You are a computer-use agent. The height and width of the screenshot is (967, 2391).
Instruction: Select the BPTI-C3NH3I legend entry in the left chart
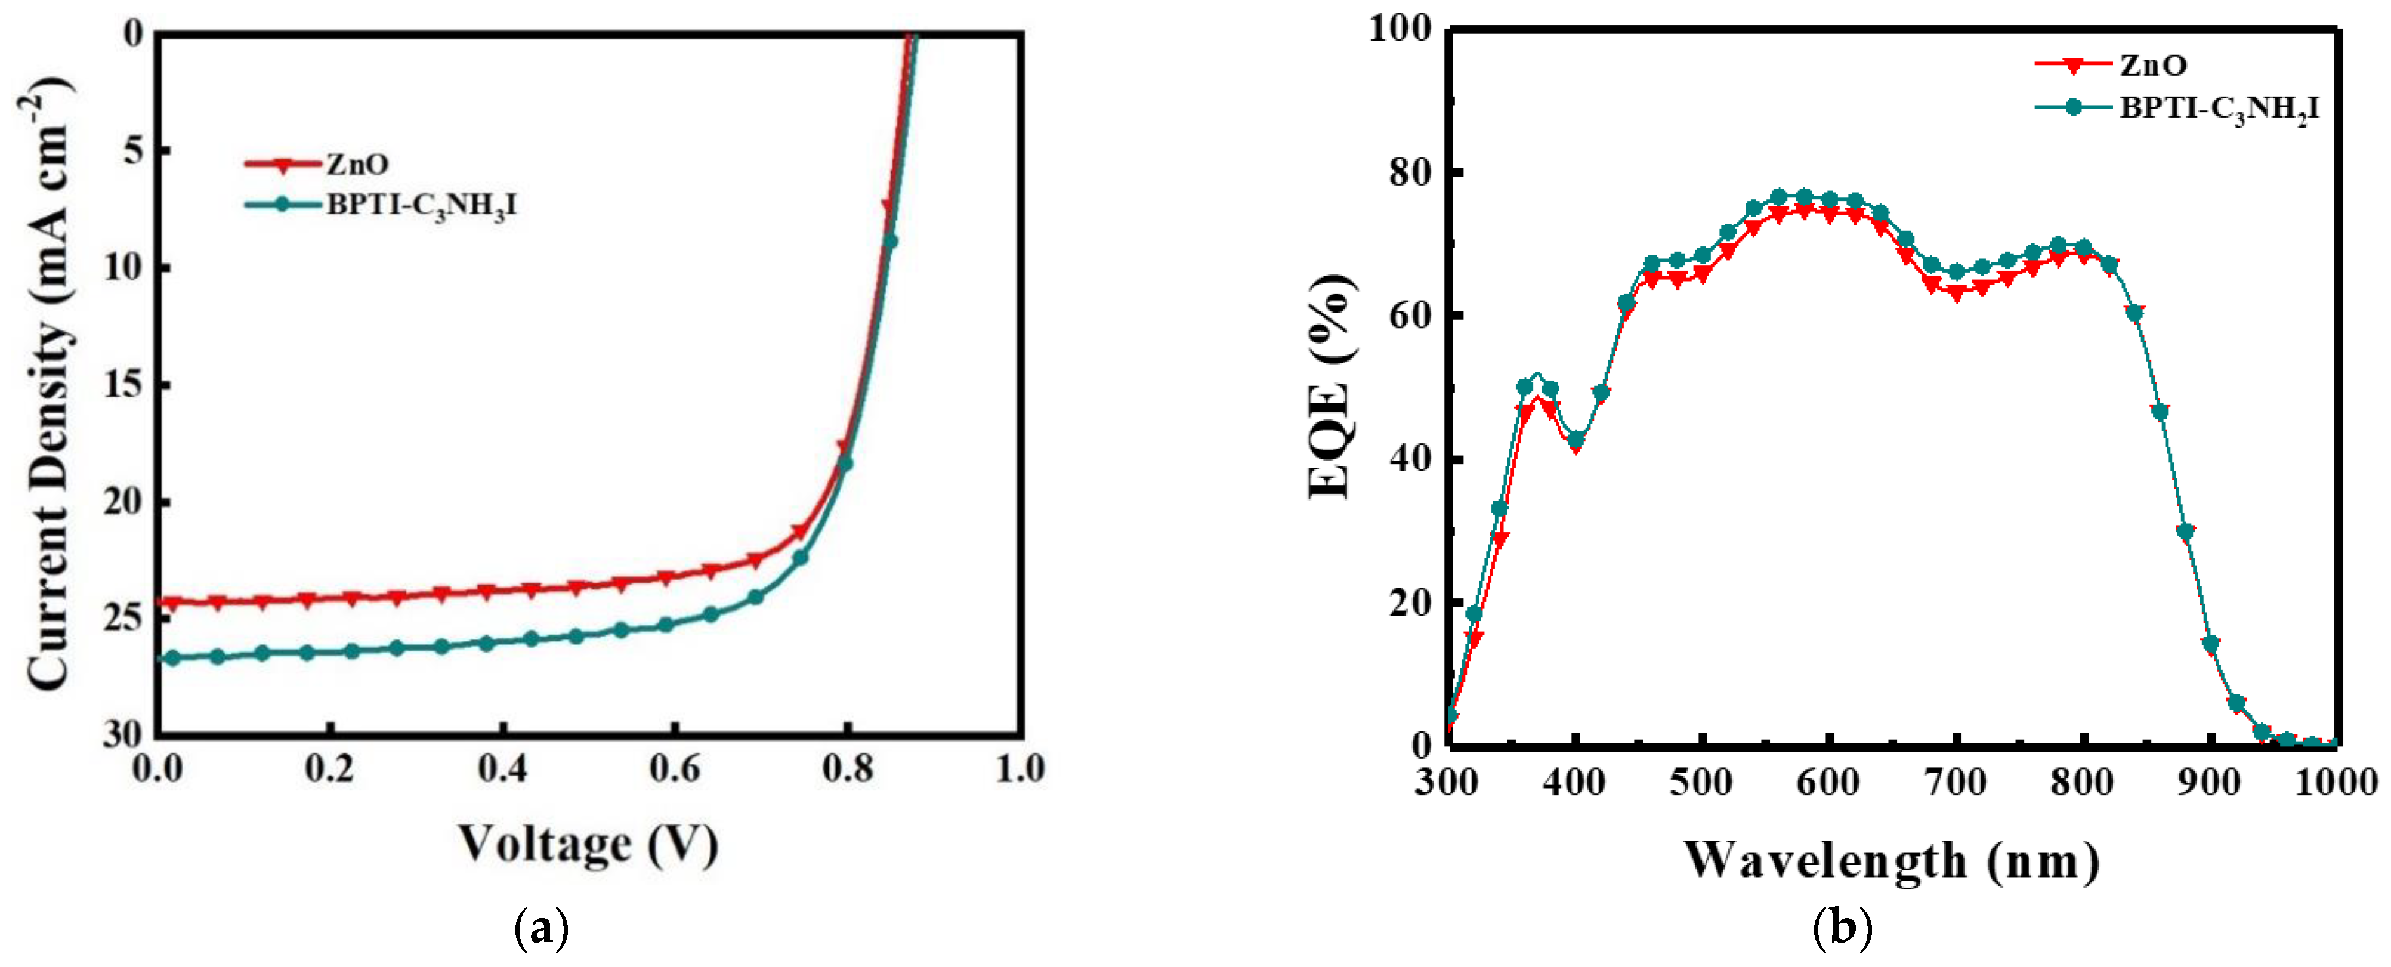[x=421, y=205]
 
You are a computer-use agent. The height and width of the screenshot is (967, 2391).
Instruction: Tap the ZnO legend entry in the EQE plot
[x=2154, y=65]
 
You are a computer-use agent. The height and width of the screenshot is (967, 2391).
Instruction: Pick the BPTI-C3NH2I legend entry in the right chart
[x=2219, y=109]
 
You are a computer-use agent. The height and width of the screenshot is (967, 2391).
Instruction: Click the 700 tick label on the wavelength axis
[x=1956, y=782]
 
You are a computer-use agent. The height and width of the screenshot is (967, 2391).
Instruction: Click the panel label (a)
[x=541, y=929]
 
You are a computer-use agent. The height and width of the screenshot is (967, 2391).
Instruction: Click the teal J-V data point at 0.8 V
[x=845, y=464]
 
